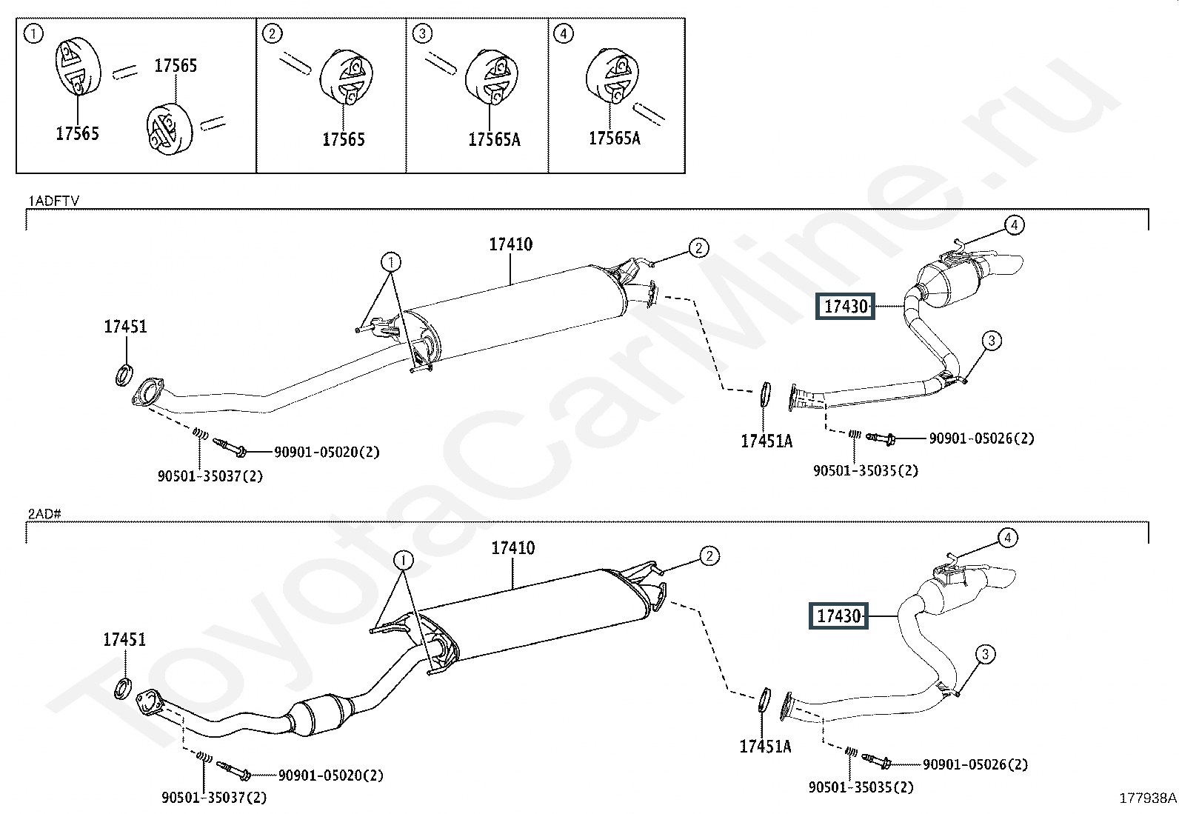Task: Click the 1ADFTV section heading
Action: [53, 201]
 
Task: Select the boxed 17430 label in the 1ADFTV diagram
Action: [846, 306]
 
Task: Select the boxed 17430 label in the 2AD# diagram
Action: [839, 616]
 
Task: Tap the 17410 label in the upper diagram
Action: [510, 244]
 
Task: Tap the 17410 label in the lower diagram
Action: [512, 549]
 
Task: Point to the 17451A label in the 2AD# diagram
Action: [765, 747]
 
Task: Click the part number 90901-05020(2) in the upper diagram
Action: [327, 452]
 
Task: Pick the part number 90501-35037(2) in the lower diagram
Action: [214, 798]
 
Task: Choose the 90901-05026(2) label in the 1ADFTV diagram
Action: [982, 438]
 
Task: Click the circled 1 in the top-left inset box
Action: [33, 33]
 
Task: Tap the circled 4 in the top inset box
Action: [564, 33]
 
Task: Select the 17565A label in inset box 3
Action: [494, 139]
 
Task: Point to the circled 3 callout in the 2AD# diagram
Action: [985, 654]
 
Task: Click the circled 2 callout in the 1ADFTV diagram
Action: [698, 248]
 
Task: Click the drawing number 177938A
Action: [1147, 798]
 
